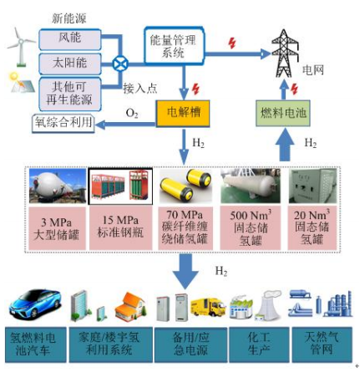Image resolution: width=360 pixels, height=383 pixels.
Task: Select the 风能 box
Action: tap(70, 39)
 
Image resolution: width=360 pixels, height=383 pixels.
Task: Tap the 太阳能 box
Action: tap(70, 64)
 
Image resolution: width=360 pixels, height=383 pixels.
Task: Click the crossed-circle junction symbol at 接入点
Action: tap(120, 64)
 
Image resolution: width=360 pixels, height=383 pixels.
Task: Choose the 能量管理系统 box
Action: tap(174, 45)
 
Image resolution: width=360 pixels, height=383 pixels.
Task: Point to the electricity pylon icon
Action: tap(285, 54)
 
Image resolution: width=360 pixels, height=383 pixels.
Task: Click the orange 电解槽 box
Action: tap(183, 113)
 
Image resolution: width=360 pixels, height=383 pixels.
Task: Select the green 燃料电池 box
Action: tap(283, 113)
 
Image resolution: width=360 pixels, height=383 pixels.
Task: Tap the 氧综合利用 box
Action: tap(63, 123)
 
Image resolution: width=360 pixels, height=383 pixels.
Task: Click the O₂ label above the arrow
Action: tap(132, 113)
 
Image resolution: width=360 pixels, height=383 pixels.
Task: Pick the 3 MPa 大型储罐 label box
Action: tap(57, 228)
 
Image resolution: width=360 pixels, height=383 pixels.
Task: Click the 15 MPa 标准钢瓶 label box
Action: tap(120, 227)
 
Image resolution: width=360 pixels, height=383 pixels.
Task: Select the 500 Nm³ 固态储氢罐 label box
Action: tap(251, 228)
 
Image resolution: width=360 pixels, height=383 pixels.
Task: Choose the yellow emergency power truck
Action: tap(208, 307)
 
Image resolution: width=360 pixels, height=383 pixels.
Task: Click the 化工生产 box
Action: tap(259, 345)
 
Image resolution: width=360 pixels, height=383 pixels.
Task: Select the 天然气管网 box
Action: tap(322, 345)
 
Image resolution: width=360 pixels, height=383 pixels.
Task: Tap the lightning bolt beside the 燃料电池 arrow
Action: tap(294, 89)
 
